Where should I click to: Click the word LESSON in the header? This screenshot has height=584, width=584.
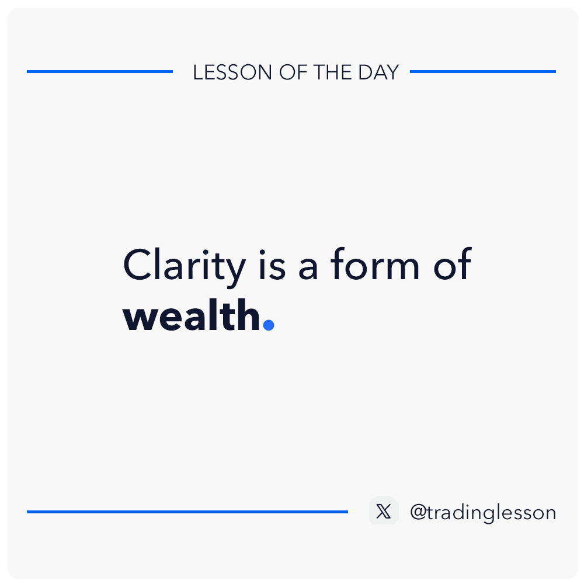pyautogui.click(x=232, y=72)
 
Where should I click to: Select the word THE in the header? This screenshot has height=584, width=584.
pyautogui.click(x=333, y=72)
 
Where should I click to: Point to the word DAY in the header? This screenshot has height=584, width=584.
pyautogui.click(x=378, y=72)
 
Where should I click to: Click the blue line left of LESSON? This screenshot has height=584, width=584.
pyautogui.click(x=100, y=71)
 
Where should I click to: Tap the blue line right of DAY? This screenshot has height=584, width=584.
pyautogui.click(x=483, y=71)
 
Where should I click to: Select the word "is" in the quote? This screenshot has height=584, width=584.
pyautogui.click(x=272, y=265)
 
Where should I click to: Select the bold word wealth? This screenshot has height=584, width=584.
pyautogui.click(x=192, y=315)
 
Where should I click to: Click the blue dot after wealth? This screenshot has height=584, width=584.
pyautogui.click(x=269, y=324)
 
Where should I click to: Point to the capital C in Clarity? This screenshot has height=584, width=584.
pyautogui.click(x=137, y=265)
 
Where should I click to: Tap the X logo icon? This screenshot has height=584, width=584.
pyautogui.click(x=384, y=511)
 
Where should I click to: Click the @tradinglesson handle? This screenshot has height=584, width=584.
pyautogui.click(x=483, y=513)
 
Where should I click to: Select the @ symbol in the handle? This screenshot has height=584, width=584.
pyautogui.click(x=418, y=513)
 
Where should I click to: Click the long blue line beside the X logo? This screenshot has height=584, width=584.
pyautogui.click(x=187, y=512)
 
